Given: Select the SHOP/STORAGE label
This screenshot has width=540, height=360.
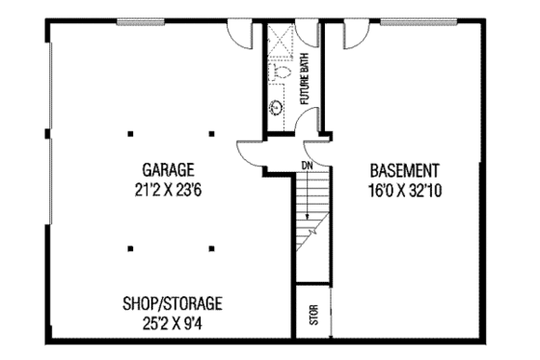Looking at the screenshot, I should (174, 300).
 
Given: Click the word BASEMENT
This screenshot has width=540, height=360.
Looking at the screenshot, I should (404, 168).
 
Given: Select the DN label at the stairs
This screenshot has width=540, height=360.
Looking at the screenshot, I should (307, 166).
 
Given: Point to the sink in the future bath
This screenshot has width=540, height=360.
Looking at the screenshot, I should (277, 107).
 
